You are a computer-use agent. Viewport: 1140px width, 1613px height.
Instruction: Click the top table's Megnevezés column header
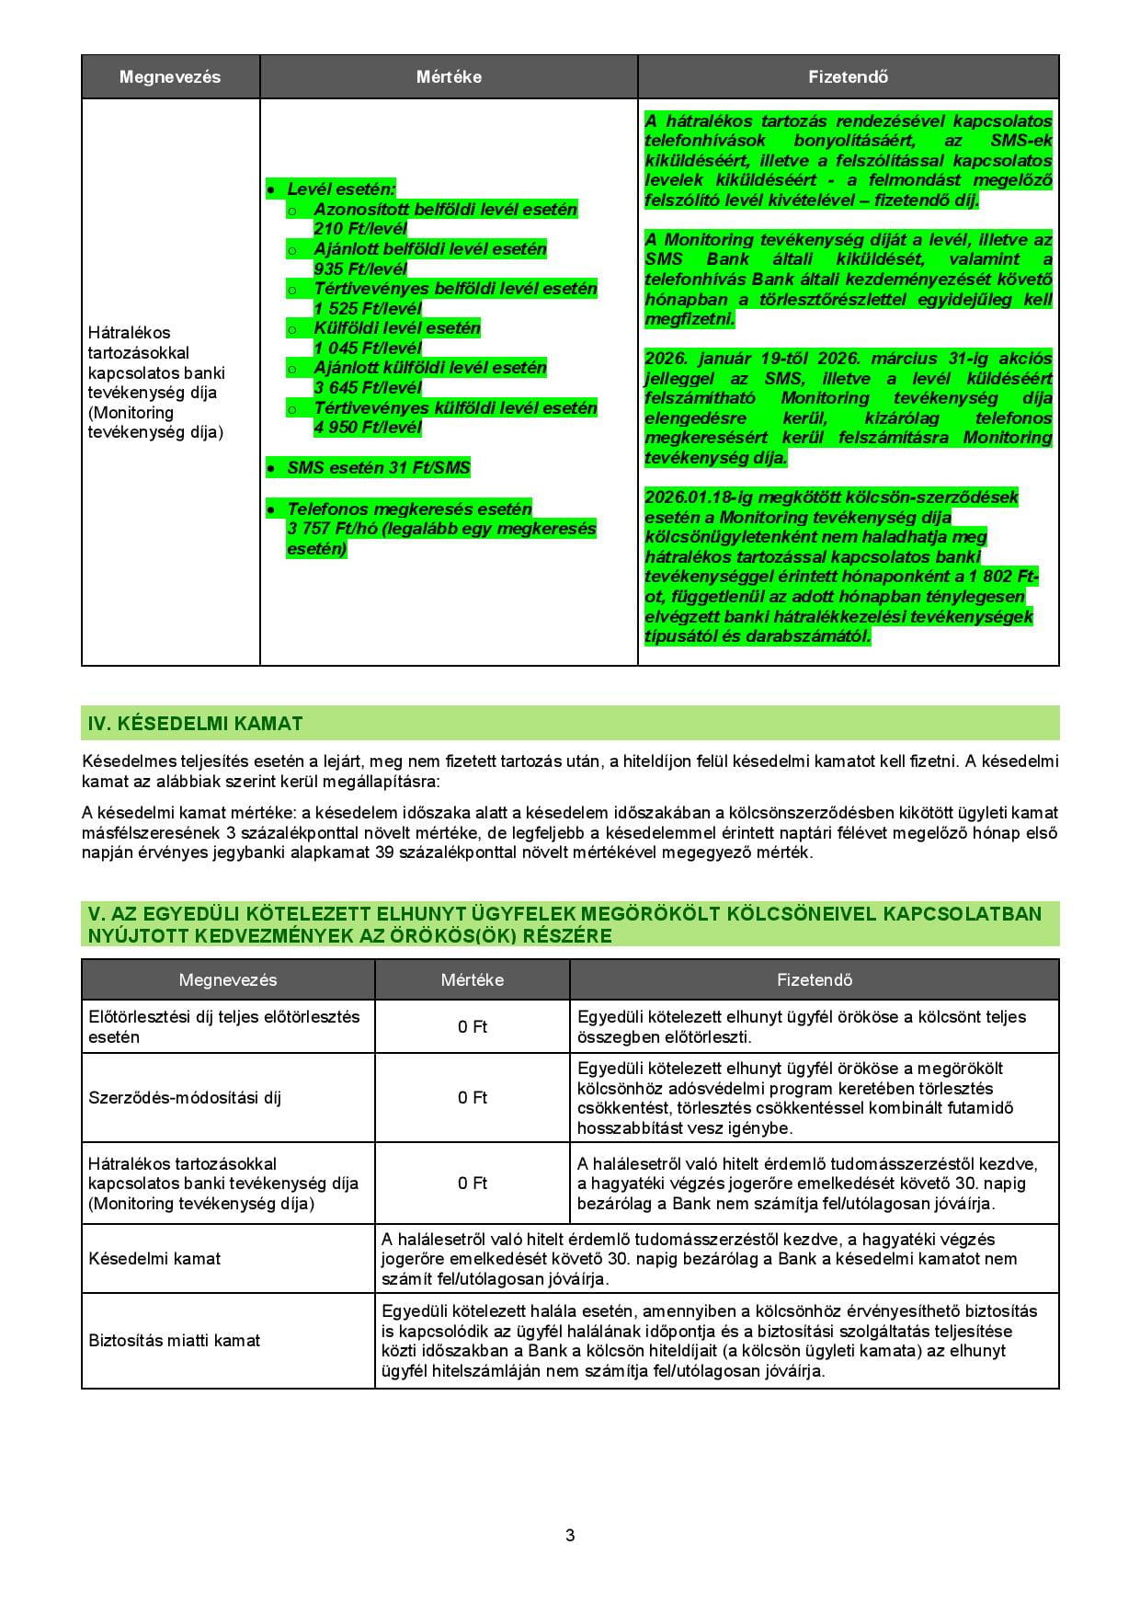coord(170,77)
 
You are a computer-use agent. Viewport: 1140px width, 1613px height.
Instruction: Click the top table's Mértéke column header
coord(449,77)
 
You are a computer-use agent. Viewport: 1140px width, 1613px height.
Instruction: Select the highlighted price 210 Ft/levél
coord(359,229)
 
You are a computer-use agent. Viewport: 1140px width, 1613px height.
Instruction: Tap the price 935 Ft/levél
coord(359,269)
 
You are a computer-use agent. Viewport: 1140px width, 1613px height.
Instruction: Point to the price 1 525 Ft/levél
coord(368,308)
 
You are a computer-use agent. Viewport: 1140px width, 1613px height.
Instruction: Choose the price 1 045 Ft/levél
coord(368,348)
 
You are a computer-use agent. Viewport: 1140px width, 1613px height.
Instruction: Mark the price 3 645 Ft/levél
coord(368,387)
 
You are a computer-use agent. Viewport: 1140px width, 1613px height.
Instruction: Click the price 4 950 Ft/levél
coord(368,427)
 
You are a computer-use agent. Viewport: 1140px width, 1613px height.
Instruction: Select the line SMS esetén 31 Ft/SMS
coord(379,467)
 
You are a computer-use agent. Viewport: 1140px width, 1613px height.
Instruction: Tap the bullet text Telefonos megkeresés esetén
coord(409,509)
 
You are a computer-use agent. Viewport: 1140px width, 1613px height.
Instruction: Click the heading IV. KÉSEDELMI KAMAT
coord(195,724)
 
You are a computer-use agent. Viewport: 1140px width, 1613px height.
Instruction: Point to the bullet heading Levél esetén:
coord(341,189)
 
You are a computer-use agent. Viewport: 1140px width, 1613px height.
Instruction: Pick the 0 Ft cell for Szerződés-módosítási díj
coord(473,1098)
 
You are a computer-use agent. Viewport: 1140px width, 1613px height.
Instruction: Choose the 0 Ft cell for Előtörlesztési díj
coord(473,1027)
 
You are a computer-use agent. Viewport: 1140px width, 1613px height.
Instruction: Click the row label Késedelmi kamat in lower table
coord(154,1259)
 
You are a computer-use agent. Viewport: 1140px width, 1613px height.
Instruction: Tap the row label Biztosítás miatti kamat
coord(174,1341)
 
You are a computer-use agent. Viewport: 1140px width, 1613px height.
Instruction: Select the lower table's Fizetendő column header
coord(814,980)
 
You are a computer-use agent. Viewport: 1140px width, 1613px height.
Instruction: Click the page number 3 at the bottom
coord(570,1535)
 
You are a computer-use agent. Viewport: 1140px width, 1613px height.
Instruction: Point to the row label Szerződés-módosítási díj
coord(185,1098)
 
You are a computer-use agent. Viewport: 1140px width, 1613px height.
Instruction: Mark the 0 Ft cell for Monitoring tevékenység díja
coord(473,1184)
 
